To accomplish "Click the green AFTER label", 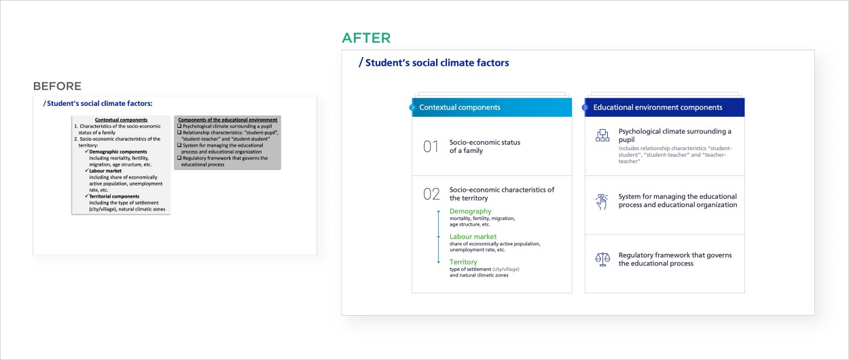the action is pos(366,38).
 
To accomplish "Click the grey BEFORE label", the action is pos(57,86).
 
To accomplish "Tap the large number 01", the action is pos(431,147).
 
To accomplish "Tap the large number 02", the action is pos(431,194).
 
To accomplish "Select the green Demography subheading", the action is pos(471,211).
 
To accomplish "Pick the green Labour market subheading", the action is pos(473,236).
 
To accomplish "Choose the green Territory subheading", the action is pos(463,262).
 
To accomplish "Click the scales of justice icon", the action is pos(602,259).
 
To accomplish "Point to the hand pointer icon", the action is pos(602,202).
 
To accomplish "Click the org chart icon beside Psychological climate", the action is pos(602,135).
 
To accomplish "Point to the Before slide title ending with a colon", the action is pos(98,103).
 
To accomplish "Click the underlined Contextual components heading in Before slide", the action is pos(121,120).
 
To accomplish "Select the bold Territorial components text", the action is pos(114,196).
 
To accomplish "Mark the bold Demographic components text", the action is pos(118,151).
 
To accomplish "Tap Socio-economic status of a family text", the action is pos(485,146).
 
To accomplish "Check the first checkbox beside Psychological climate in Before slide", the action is pos(179,126).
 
